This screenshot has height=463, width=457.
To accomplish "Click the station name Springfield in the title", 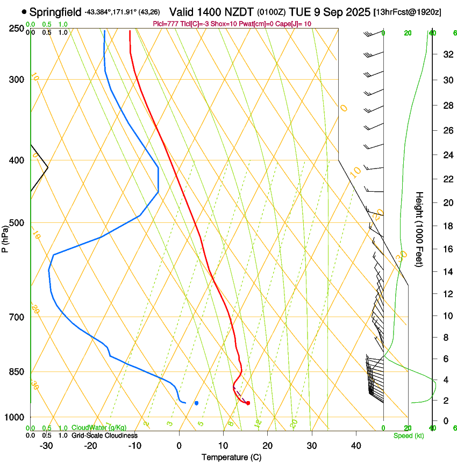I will point(56,11).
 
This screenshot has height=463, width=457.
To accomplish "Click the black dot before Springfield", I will point(24,11).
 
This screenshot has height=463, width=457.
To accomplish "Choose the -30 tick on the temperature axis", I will point(46,446).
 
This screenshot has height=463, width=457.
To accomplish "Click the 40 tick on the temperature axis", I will point(355,446).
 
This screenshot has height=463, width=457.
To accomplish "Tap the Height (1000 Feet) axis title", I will point(420,229).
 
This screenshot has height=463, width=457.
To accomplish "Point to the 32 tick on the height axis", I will point(447,54).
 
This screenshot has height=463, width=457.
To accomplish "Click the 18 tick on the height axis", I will point(447,226).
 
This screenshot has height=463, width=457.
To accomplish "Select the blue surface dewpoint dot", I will point(196,403).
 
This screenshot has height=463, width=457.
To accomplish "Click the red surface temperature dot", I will point(248,403).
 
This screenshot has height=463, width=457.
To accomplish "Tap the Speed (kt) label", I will point(408,436).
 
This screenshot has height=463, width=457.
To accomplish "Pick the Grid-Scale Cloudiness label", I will point(104,436).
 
